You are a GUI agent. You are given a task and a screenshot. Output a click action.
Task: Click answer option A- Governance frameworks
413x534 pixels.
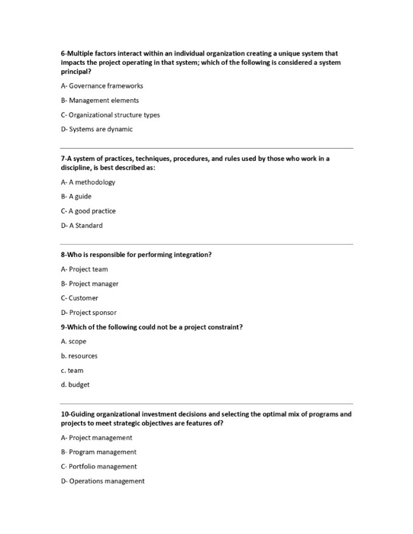tap(102, 85)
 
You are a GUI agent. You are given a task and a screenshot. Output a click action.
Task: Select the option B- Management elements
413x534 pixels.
tap(99, 100)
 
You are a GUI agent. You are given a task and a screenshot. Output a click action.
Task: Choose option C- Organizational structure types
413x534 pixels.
tap(110, 114)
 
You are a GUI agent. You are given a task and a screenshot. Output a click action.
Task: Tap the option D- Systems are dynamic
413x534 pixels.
tap(96, 129)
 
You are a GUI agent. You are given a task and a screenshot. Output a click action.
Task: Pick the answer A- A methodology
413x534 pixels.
tap(88, 182)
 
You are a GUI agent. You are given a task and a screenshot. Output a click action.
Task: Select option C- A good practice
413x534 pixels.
tap(89, 211)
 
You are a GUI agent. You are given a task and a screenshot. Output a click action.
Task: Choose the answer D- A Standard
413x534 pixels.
tap(82, 225)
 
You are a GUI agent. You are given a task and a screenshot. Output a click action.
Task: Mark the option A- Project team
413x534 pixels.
tap(84, 269)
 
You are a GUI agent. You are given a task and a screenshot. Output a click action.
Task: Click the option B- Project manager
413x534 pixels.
tap(89, 283)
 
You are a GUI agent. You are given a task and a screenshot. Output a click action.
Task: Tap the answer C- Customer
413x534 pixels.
tap(79, 298)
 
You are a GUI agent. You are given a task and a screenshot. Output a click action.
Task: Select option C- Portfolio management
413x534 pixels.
tap(98, 466)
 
